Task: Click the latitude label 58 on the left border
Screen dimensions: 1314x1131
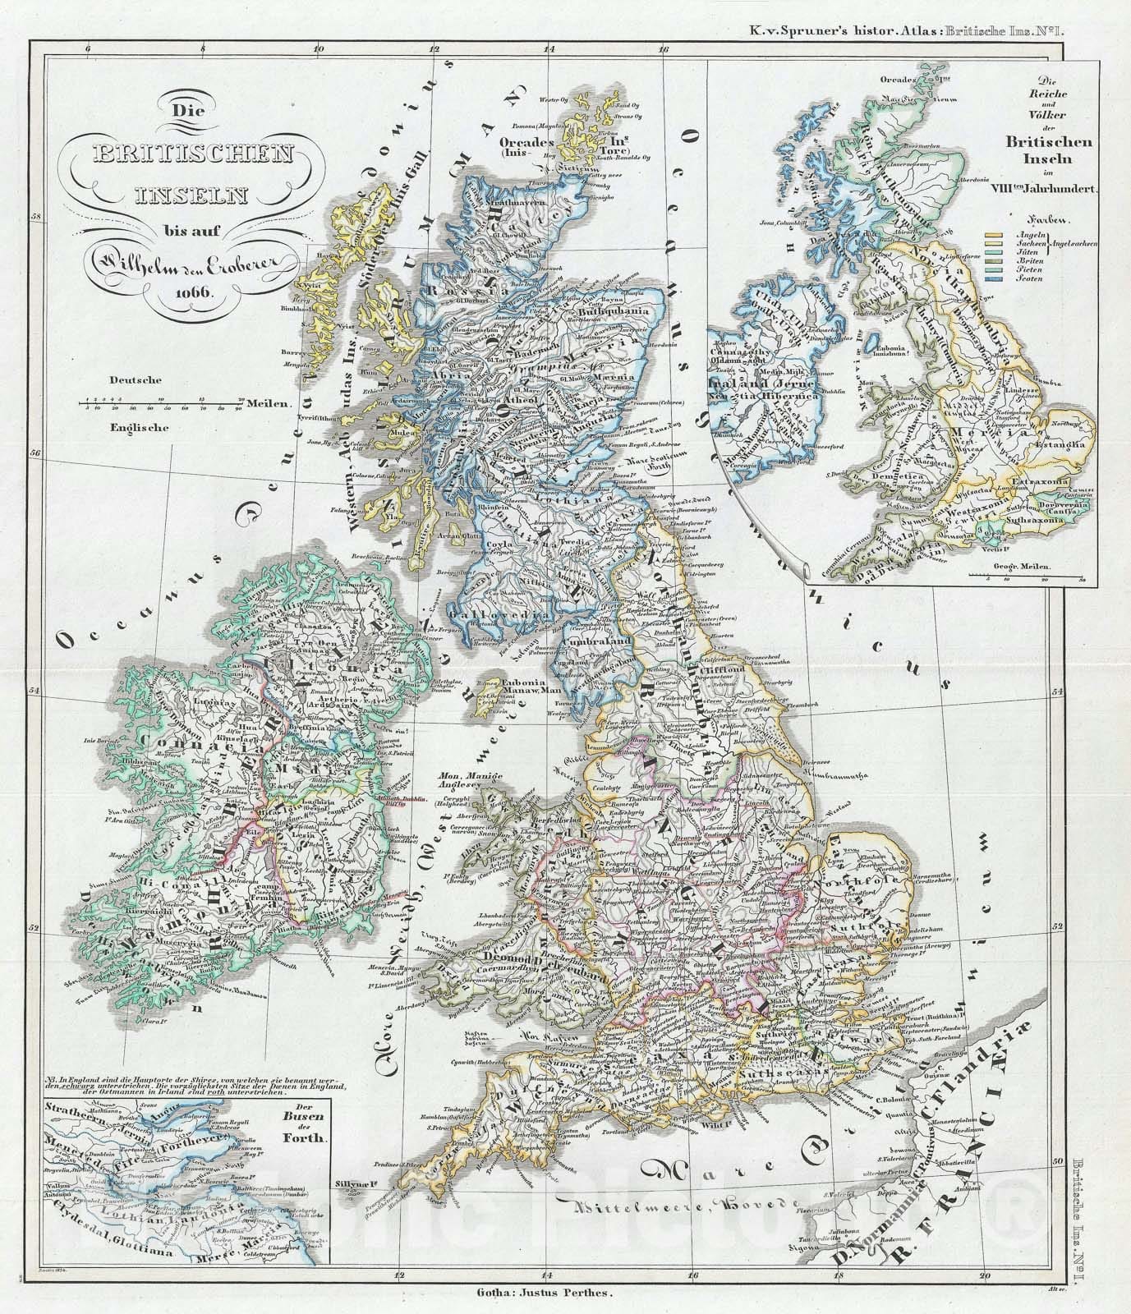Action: coord(36,218)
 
